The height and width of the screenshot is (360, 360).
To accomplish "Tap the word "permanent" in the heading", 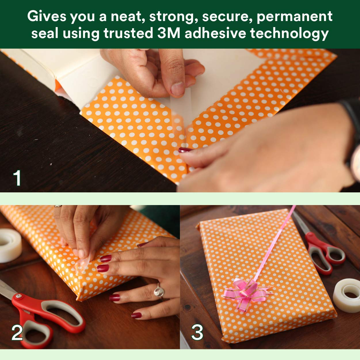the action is pos(295,16).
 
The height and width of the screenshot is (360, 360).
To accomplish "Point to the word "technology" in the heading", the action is pos(289,34).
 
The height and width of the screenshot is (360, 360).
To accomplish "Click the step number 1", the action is pos(17,178).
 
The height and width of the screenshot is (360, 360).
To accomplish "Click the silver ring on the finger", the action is pos(159,291).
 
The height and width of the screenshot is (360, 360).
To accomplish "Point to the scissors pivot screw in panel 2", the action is pos(18,296).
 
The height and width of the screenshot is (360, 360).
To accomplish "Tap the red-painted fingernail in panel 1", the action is pos(185,150).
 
